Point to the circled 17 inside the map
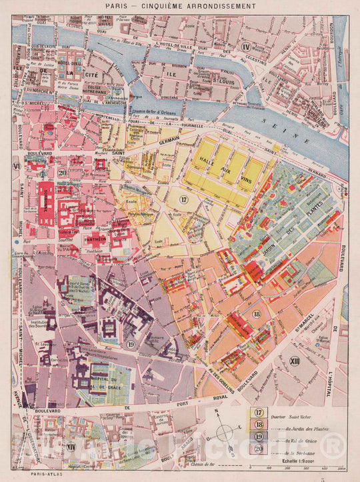coord(184,199)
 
